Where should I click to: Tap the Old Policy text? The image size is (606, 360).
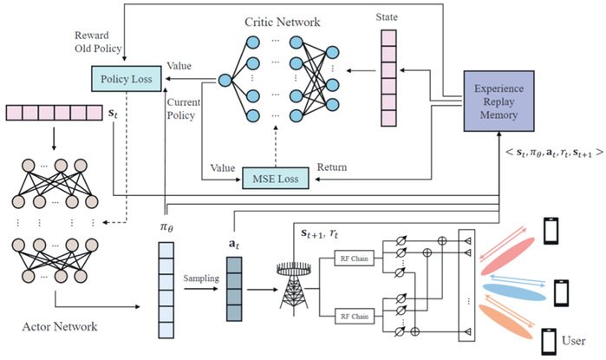[97, 49]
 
